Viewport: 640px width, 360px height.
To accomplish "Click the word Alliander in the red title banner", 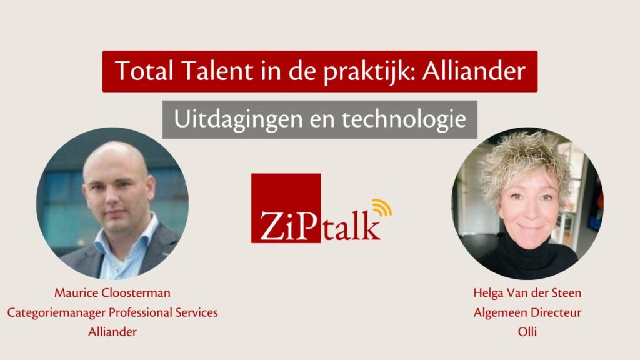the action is point(474,71).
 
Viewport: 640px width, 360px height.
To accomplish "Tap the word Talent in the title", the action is point(217,71).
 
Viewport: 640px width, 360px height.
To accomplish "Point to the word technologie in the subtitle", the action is point(404,119).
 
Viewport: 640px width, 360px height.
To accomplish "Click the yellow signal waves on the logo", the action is point(382,207).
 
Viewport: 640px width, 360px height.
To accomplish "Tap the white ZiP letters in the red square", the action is point(288,225).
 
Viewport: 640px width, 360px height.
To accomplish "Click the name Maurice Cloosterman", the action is point(112,293).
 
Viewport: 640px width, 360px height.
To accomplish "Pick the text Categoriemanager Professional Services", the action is point(112,312).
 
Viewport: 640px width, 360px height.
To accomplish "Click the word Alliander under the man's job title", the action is point(112,332).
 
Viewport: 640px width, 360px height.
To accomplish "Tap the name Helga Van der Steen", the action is point(527,293).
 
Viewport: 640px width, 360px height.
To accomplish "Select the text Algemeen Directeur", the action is point(527,312).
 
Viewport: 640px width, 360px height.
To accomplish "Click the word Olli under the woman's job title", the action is point(527,332).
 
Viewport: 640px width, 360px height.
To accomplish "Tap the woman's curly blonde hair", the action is point(526,159).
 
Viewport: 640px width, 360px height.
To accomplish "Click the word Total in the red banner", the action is point(144,71).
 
